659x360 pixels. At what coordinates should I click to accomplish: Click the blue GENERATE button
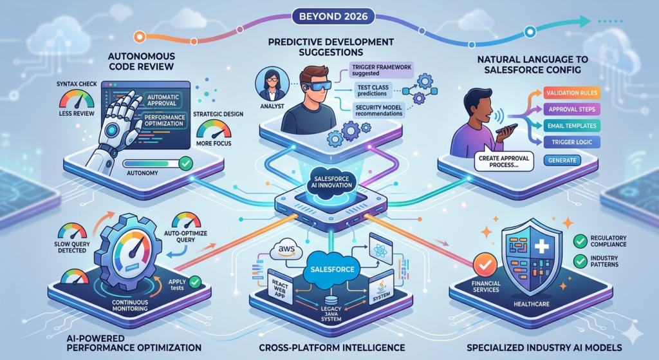[x=561, y=160]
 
